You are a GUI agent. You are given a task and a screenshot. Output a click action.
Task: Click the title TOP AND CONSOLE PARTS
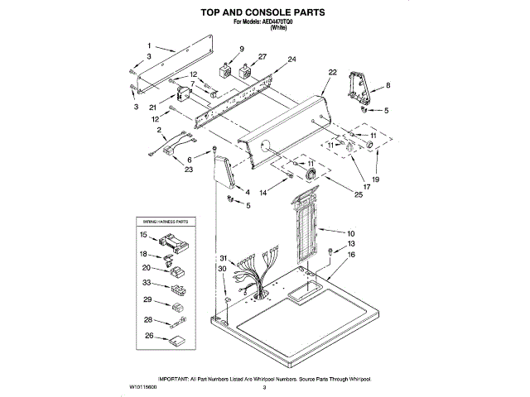[x=264, y=12]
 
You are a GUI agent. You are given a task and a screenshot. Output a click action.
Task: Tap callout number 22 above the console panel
[x=333, y=73]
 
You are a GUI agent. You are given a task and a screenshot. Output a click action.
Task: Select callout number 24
[x=291, y=60]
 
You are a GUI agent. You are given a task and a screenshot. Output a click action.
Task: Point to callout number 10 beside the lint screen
[x=350, y=234]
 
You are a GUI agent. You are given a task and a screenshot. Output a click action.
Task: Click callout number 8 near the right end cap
[x=388, y=85]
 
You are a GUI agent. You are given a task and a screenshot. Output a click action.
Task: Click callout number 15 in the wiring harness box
[x=142, y=236]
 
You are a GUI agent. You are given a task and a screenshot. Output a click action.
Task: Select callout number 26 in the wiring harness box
[x=149, y=336]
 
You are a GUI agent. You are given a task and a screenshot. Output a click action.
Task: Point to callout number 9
[x=241, y=50]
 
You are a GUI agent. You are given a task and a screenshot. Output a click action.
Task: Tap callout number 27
[x=263, y=57]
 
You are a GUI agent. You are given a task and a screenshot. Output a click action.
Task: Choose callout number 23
[x=188, y=170]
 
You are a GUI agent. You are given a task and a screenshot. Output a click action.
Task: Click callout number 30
[x=222, y=269]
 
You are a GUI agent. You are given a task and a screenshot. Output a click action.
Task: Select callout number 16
[x=351, y=256]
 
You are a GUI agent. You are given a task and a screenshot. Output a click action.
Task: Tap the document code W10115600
[x=143, y=386]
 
